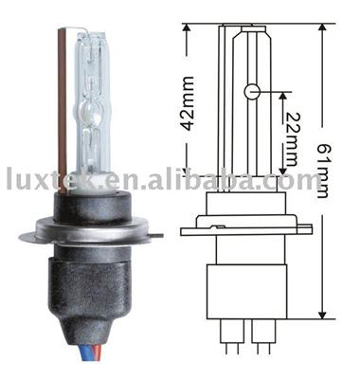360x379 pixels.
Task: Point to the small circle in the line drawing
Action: [253, 91]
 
